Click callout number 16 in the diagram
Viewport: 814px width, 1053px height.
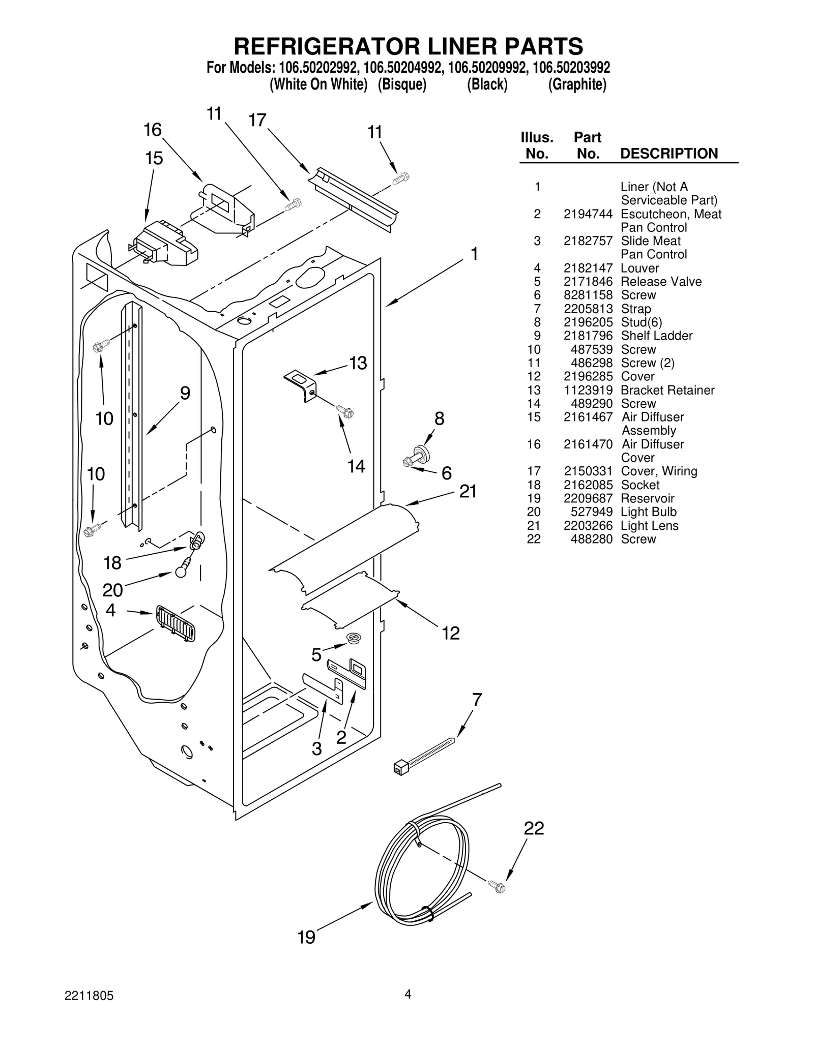pos(152,130)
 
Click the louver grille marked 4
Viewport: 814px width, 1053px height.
pos(176,623)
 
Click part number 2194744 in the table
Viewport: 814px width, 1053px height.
pos(588,214)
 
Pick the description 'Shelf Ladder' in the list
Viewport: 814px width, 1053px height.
pos(656,336)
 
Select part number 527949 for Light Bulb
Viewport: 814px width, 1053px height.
pos(591,512)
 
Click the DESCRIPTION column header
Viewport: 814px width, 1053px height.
pos(668,154)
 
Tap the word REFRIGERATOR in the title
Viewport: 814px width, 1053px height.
pos(326,46)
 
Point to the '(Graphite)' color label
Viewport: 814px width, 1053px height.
pos(577,84)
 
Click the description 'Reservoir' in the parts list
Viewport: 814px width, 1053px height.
pos(647,498)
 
